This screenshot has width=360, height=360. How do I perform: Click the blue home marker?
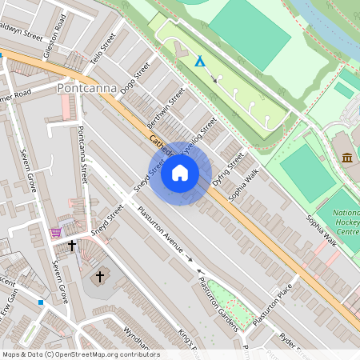(180, 173)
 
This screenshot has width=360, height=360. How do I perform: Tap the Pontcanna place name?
(88, 88)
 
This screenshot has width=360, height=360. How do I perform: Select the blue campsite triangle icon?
(200, 61)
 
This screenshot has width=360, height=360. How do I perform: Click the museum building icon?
(347, 157)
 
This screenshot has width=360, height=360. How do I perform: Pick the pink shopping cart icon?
(55, 232)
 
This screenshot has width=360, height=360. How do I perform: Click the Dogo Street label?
(134, 82)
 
